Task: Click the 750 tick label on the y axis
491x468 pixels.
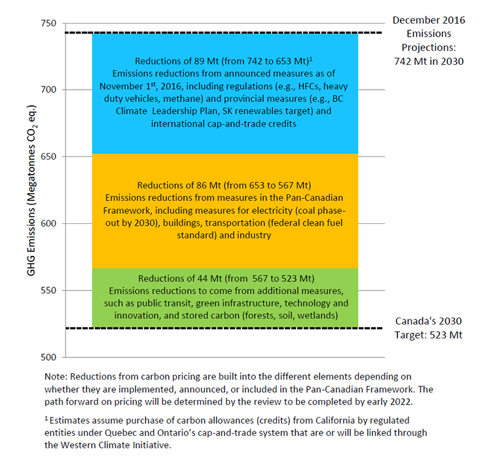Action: click(50, 22)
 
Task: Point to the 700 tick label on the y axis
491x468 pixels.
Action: click(50, 89)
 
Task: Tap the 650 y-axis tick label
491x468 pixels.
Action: click(50, 156)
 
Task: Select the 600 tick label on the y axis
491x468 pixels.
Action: click(50, 223)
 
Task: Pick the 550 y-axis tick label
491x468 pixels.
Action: click(50, 290)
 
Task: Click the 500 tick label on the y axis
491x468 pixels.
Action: click(50, 357)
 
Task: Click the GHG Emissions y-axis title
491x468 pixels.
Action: click(31, 190)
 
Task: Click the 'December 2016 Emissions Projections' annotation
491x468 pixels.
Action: click(429, 41)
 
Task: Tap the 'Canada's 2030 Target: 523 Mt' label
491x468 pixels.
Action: click(429, 328)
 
